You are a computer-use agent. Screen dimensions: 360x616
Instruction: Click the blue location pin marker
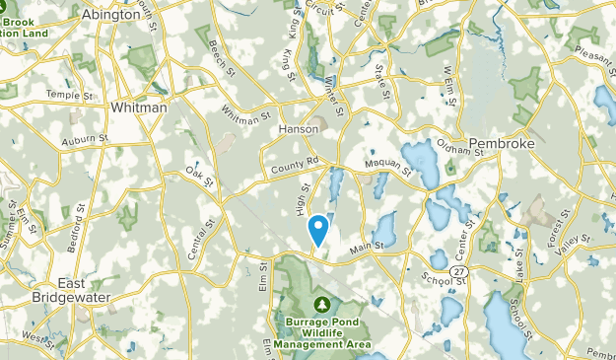[319, 230]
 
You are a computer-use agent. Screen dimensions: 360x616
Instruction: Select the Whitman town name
[139, 107]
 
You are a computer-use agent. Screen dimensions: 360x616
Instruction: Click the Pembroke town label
[508, 143]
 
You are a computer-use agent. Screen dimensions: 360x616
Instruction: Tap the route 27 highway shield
[460, 270]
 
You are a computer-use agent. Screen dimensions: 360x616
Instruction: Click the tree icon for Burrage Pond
[322, 305]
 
